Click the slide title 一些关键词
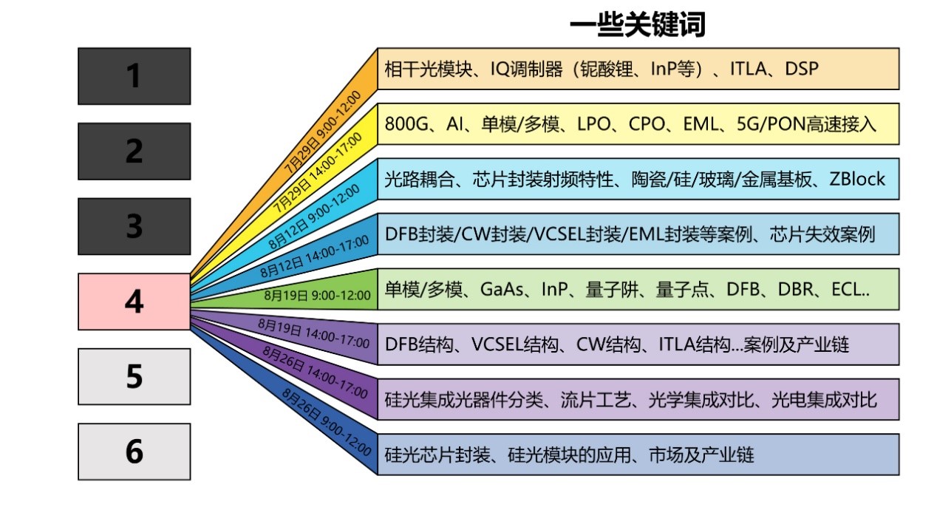[x=637, y=24]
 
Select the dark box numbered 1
[x=134, y=76]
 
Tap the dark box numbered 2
[x=134, y=151]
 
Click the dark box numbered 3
[x=134, y=226]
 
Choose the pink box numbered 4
[x=134, y=302]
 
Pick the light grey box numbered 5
[x=134, y=376]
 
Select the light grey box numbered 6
[x=134, y=452]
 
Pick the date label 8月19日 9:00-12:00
[x=318, y=295]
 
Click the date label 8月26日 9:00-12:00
[x=326, y=422]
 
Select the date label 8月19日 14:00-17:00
[x=314, y=333]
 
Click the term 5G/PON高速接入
[x=806, y=124]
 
